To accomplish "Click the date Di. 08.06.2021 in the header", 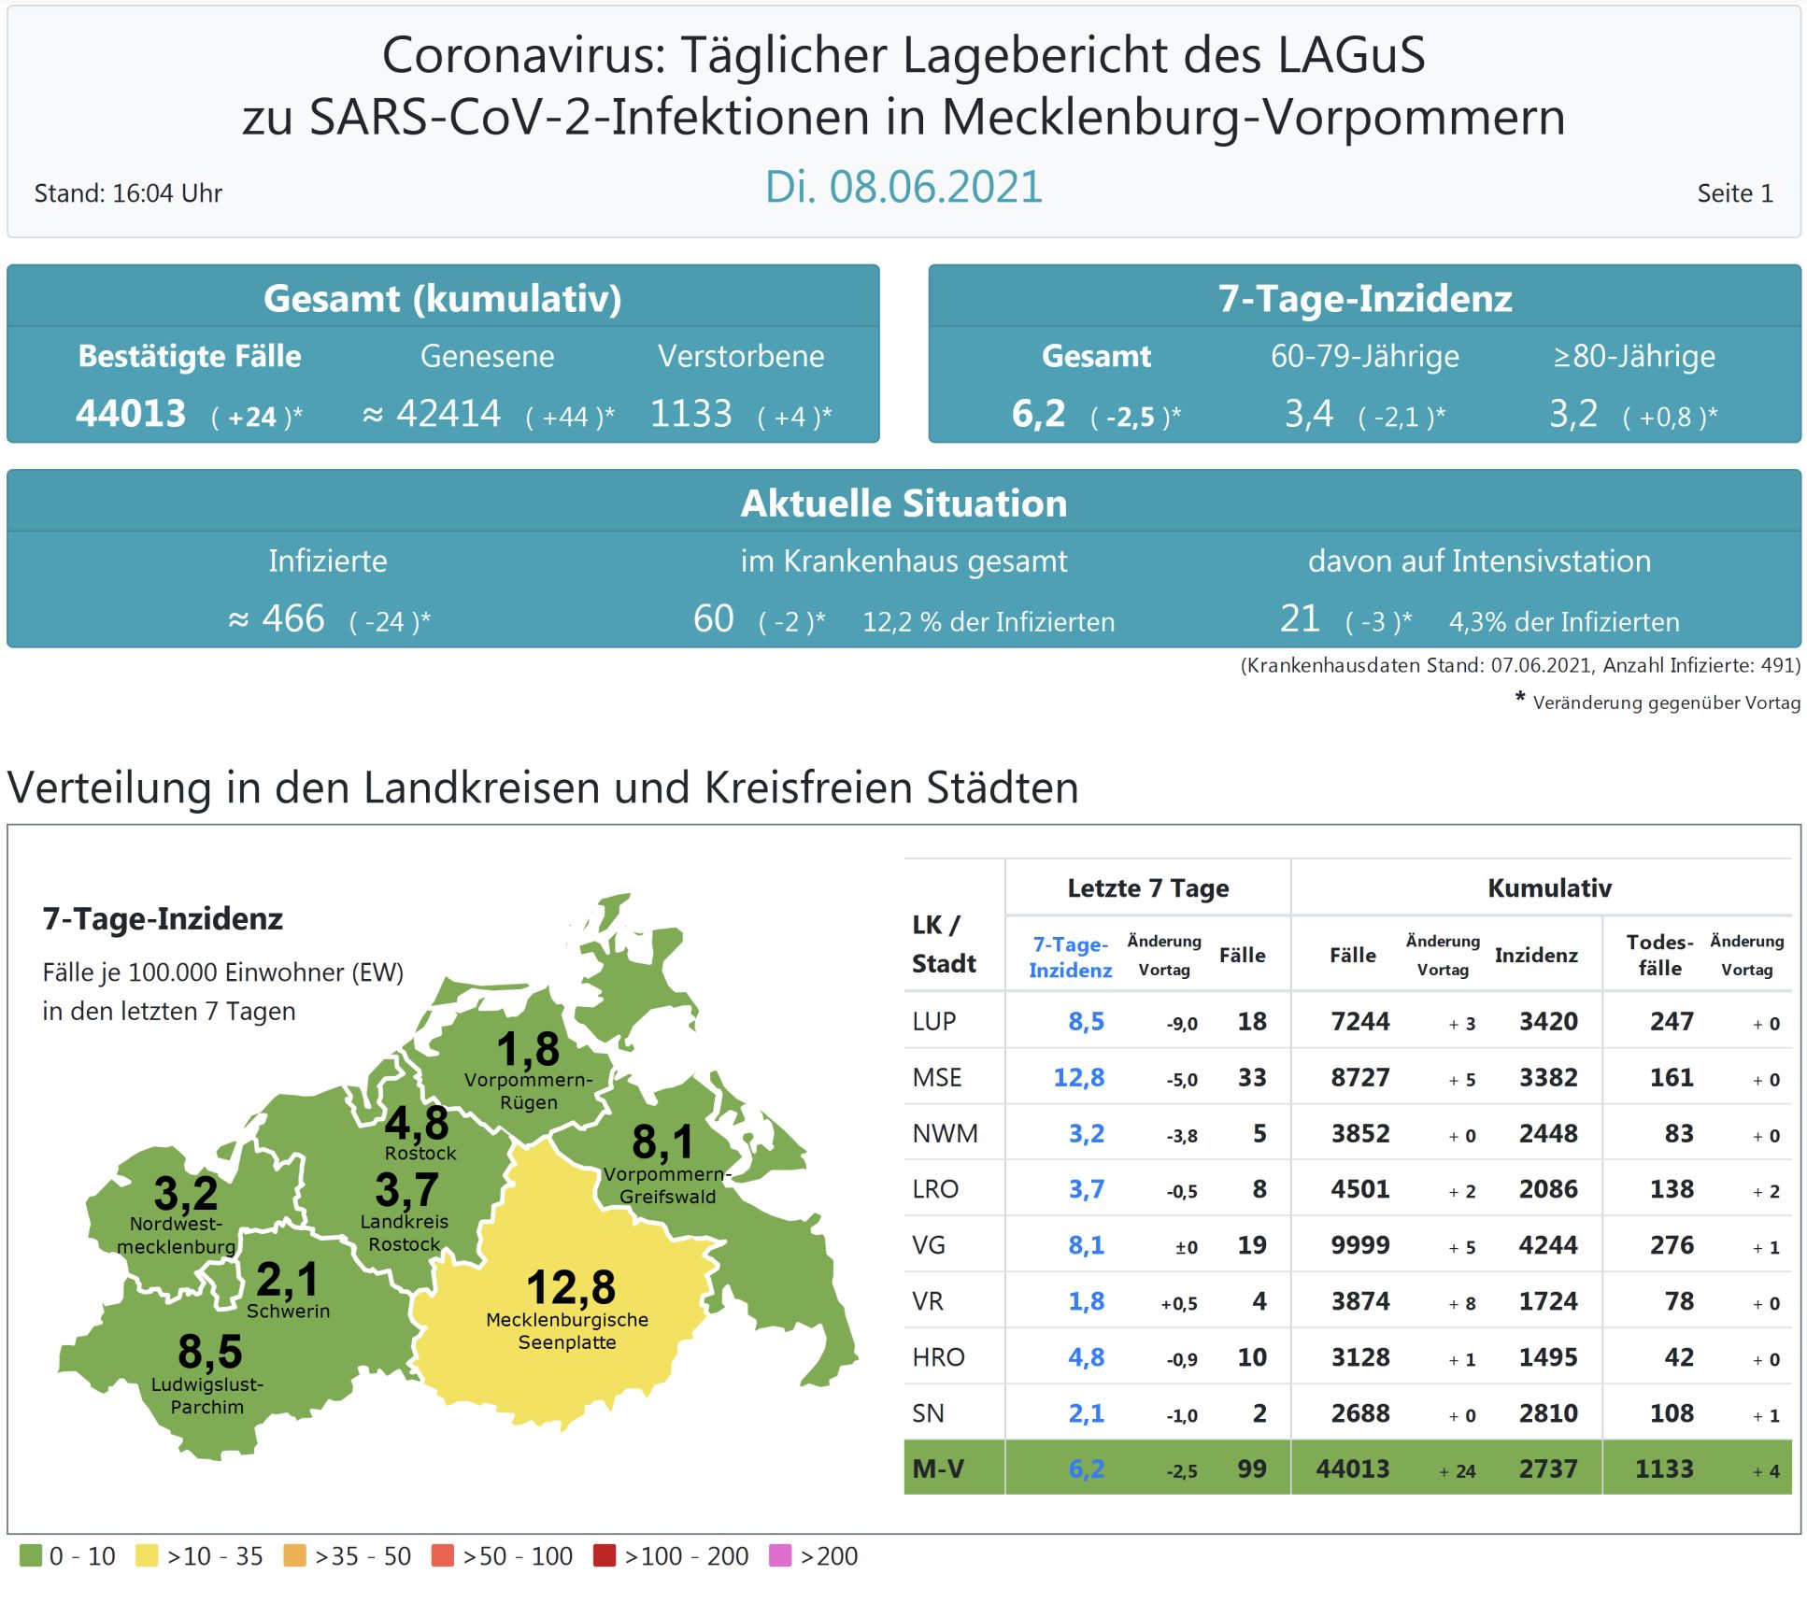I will coord(903,187).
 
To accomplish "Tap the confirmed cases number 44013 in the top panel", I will coord(131,413).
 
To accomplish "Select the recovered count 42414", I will coord(448,413).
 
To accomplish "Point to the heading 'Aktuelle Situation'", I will coord(903,504).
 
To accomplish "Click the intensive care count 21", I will coord(1299,618).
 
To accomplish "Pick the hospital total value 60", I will coord(713,618).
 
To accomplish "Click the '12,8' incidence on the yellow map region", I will coord(570,1287).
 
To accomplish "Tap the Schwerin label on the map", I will coord(288,1311).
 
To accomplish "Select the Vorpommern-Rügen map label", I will coord(528,1091).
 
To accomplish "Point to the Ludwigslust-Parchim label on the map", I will coord(206,1396).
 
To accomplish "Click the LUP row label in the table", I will coord(933,1021).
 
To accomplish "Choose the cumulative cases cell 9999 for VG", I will coord(1359,1245).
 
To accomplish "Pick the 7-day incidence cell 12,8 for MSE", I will coord(1078,1077).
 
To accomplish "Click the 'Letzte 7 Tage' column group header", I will coord(1147,887).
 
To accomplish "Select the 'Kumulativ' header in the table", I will coord(1548,887).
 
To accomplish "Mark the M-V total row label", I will coord(937,1468).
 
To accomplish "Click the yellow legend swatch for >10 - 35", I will coord(147,1555).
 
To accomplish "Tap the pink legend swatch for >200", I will coord(779,1555).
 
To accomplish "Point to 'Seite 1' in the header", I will coord(1734,193).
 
